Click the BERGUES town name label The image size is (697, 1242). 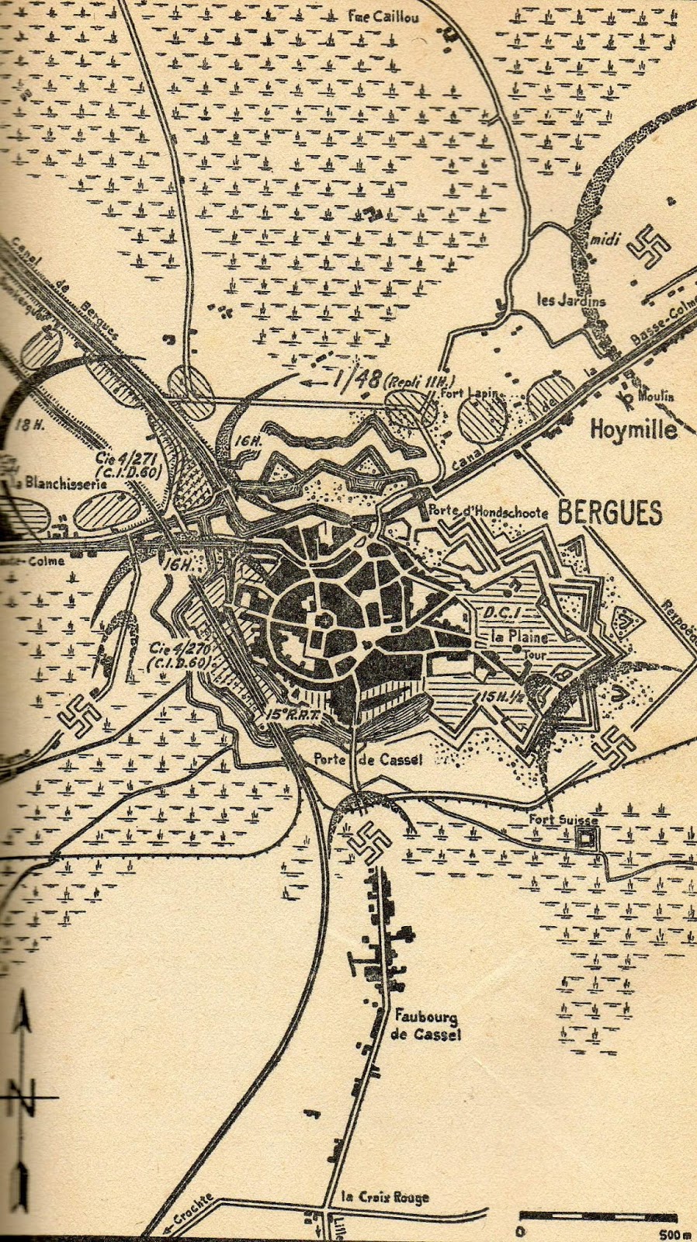coord(610,513)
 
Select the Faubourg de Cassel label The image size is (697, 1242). coord(427,1025)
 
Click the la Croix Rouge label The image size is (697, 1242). coord(385,1197)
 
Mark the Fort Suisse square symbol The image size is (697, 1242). coord(584,838)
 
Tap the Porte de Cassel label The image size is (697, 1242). coord(368,759)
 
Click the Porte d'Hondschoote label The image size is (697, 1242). coord(489,512)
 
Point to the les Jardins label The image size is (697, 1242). coord(572,300)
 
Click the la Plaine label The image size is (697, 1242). coord(519,637)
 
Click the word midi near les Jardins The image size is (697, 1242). coord(605,240)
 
